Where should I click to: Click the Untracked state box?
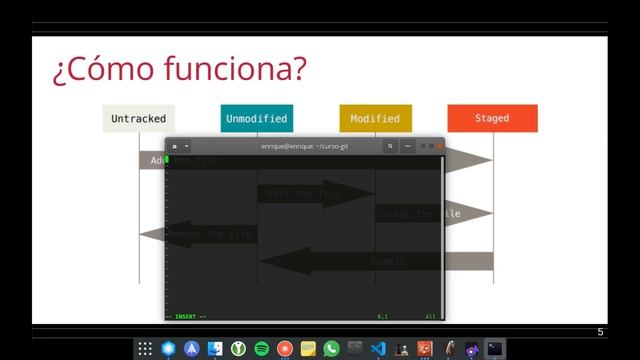click(x=139, y=118)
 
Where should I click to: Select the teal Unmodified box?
click(x=257, y=118)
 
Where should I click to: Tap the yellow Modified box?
click(x=375, y=118)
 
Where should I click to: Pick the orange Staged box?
click(x=492, y=118)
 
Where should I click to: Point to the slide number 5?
click(x=601, y=332)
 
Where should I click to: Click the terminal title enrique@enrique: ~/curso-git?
click(x=305, y=146)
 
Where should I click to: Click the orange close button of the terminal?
click(x=439, y=146)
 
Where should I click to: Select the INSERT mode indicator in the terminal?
click(x=188, y=316)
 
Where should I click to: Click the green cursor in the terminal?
click(x=167, y=159)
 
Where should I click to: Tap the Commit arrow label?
click(x=388, y=261)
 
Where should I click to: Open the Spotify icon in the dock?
click(x=262, y=349)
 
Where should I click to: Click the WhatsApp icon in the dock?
click(x=332, y=349)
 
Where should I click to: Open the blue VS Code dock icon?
click(x=378, y=349)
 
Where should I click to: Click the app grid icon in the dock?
click(x=145, y=349)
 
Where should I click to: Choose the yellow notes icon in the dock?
click(x=308, y=349)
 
